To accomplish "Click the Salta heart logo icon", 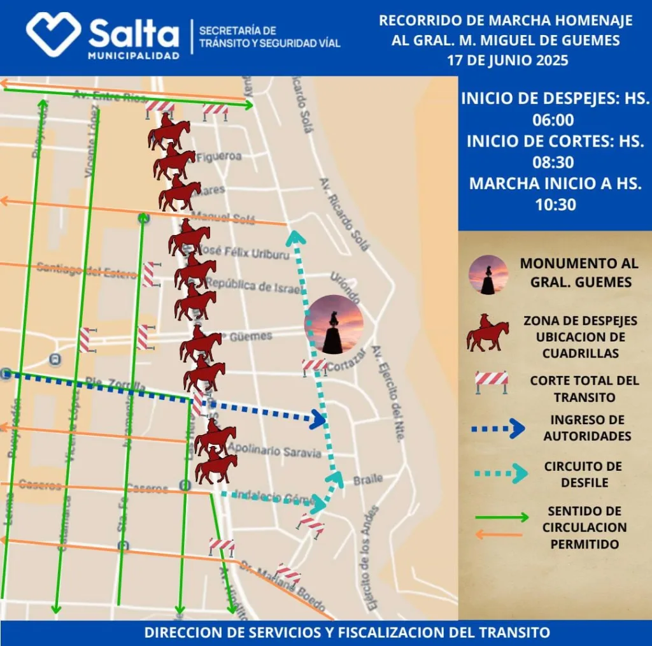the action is (x=53, y=33).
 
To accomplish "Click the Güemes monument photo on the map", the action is (x=334, y=324).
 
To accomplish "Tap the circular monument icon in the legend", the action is (x=488, y=275).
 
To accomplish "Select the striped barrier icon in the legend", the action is (x=492, y=381).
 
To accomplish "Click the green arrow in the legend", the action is (x=502, y=517).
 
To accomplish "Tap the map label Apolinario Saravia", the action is (x=274, y=451).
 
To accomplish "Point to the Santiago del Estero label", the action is (x=87, y=270).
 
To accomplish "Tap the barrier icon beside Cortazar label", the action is (x=315, y=366).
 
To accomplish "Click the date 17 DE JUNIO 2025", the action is (x=507, y=61).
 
